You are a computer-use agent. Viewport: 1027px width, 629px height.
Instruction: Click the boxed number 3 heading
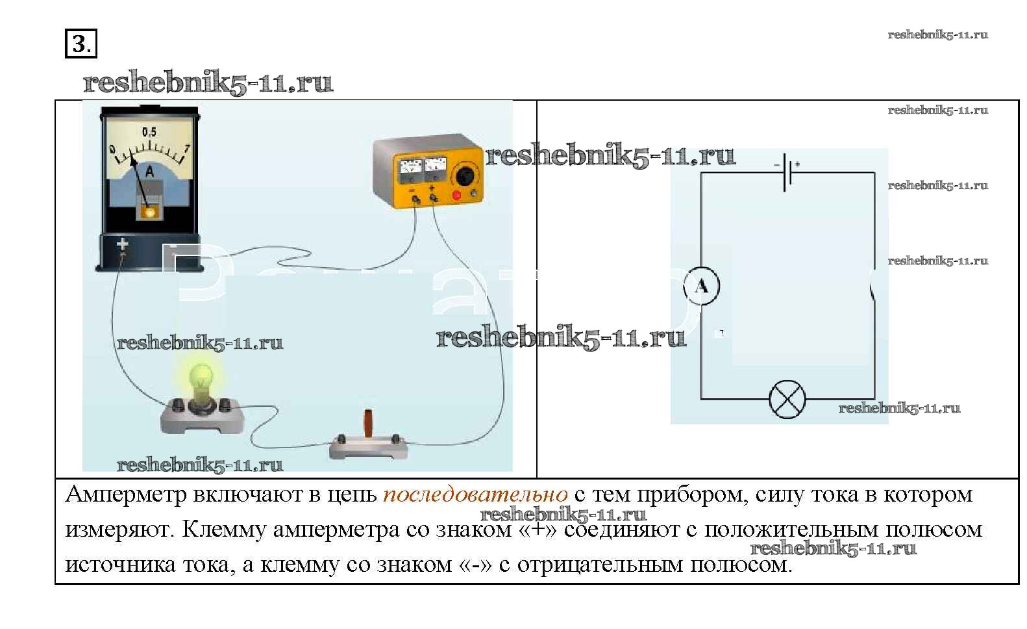[80, 44]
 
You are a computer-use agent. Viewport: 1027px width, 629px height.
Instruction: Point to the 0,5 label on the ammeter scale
[149, 132]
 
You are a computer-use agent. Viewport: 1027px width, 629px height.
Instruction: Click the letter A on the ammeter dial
[149, 172]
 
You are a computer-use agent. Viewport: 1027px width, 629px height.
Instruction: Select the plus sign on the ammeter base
[122, 244]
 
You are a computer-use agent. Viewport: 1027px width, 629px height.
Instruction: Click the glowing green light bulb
[201, 379]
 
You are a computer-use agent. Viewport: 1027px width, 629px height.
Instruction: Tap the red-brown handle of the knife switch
[368, 424]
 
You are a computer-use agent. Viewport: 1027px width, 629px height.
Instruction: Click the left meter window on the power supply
[410, 170]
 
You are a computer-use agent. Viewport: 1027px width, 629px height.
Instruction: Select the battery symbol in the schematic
[787, 172]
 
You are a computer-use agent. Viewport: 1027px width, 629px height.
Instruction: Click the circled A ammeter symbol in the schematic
[702, 287]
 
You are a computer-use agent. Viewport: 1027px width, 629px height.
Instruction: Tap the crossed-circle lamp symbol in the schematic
[787, 400]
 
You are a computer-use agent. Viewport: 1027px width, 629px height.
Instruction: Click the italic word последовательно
[475, 495]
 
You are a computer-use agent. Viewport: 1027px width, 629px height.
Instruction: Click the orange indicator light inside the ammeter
[149, 212]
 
